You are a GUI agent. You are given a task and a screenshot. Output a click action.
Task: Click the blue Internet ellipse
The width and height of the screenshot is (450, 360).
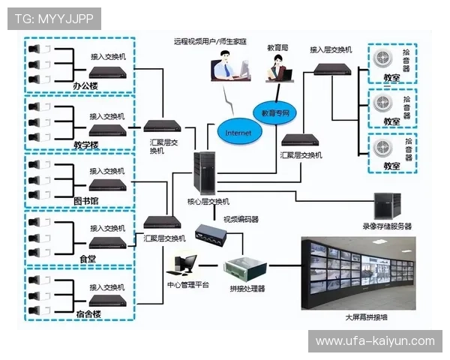pos(238,132)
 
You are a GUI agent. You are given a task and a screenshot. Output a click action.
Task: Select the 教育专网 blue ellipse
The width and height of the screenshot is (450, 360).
pos(275,113)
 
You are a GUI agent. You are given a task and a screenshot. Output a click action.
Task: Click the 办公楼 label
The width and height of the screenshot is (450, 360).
pos(85,86)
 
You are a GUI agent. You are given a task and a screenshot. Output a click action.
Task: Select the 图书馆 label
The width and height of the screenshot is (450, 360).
pos(86,201)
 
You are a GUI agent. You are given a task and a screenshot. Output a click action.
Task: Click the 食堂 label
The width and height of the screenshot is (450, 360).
pos(88,259)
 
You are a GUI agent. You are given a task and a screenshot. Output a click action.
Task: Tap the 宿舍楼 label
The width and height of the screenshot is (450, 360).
pos(88,313)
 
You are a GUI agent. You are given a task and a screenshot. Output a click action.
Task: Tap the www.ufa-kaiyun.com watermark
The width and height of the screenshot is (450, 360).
pos(374,341)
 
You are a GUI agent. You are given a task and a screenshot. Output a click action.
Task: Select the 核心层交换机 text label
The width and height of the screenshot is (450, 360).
pos(208,202)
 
